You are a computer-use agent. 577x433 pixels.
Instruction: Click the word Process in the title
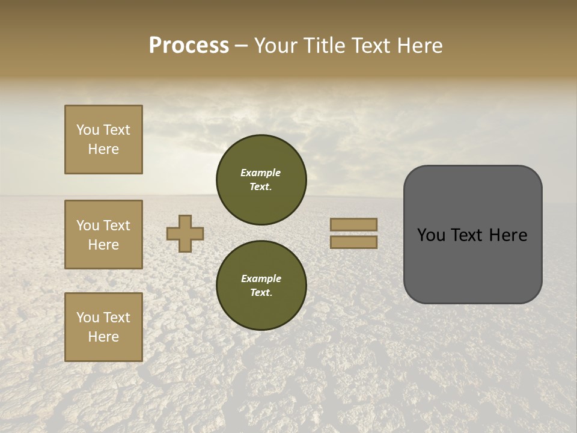(x=189, y=46)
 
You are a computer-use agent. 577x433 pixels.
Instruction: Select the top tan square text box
(x=103, y=140)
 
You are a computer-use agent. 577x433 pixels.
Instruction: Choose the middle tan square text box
(x=103, y=235)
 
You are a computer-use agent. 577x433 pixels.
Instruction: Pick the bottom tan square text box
(x=103, y=327)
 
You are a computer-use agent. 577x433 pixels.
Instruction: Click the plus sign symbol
(x=185, y=233)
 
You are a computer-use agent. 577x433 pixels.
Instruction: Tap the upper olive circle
(x=261, y=179)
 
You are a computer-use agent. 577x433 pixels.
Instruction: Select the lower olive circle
(x=261, y=285)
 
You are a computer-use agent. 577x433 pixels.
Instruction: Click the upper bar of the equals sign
(x=354, y=224)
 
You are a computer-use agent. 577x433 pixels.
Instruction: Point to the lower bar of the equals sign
(x=354, y=242)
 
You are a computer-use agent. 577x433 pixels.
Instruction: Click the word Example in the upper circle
(x=261, y=173)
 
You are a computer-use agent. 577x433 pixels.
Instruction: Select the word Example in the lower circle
(x=261, y=278)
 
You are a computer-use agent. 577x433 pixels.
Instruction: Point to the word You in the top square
(x=87, y=130)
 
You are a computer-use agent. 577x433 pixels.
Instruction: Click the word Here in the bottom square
(x=103, y=337)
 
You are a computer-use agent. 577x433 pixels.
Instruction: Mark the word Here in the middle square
(x=103, y=245)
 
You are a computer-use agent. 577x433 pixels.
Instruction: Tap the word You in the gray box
(x=430, y=235)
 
